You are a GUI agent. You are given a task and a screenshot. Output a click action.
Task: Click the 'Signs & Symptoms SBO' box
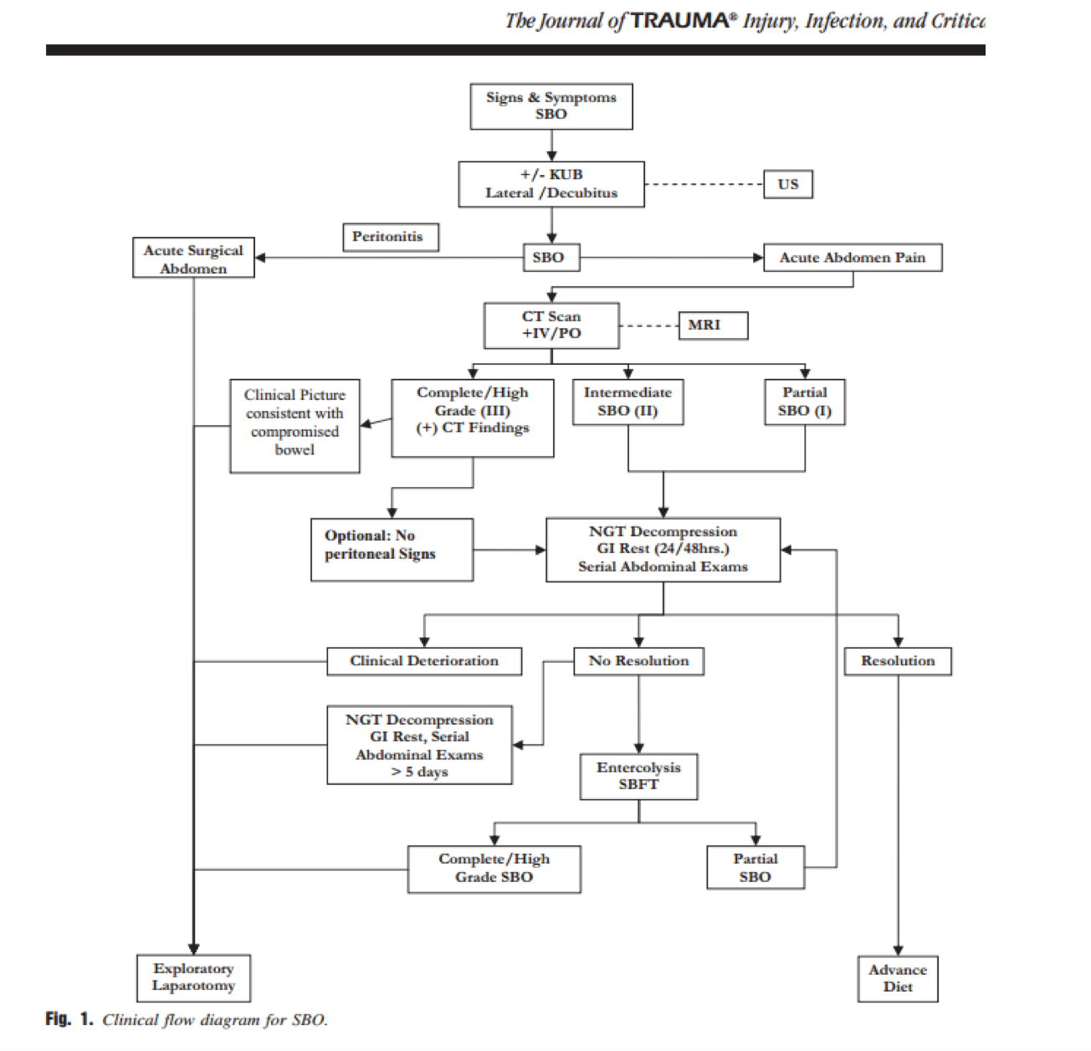pyautogui.click(x=551, y=106)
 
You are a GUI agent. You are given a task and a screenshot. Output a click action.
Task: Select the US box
pyautogui.click(x=787, y=185)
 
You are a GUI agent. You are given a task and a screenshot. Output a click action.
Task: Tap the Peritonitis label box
pyautogui.click(x=391, y=238)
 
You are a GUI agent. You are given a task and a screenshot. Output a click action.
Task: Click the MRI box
pyautogui.click(x=713, y=326)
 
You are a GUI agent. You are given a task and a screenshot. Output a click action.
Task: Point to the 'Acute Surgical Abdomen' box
pyautogui.click(x=193, y=258)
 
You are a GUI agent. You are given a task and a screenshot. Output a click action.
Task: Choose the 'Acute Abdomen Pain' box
pyautogui.click(x=853, y=258)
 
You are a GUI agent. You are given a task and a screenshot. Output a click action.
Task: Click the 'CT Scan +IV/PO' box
pyautogui.click(x=551, y=326)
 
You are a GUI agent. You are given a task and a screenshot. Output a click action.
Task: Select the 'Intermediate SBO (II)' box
pyautogui.click(x=628, y=402)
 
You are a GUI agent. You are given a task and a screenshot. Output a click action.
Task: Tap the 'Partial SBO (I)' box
pyautogui.click(x=805, y=402)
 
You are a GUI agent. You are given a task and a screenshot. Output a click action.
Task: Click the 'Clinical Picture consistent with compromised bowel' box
pyautogui.click(x=295, y=426)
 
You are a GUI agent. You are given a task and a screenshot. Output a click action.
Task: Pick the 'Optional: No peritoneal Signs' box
pyautogui.click(x=392, y=550)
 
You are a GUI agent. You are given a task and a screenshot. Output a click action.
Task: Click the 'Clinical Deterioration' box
pyautogui.click(x=424, y=661)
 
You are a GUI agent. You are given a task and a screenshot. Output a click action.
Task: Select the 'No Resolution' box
pyautogui.click(x=638, y=661)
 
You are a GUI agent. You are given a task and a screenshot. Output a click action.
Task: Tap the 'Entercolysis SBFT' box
pyautogui.click(x=638, y=777)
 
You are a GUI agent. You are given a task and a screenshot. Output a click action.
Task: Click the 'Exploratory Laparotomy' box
pyautogui.click(x=193, y=978)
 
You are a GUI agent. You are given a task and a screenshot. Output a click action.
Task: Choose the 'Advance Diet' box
pyautogui.click(x=898, y=979)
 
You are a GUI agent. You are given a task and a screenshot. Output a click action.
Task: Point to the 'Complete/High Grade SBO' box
pyautogui.click(x=494, y=869)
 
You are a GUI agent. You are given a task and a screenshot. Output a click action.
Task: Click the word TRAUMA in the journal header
pyautogui.click(x=679, y=21)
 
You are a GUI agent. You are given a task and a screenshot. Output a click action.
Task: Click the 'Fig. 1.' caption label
pyautogui.click(x=69, y=1019)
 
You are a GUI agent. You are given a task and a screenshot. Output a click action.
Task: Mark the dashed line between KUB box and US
pyautogui.click(x=704, y=185)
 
